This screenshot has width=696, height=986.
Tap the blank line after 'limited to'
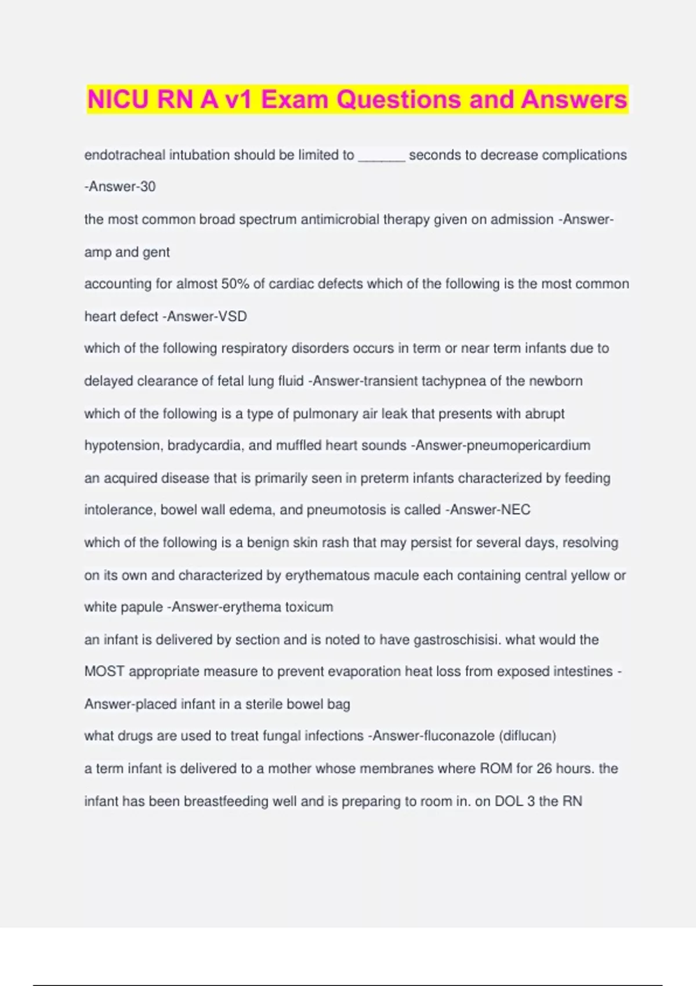382,155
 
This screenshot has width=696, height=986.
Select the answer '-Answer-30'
120,187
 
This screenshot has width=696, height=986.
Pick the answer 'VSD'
231,317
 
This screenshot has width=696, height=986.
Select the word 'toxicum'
309,607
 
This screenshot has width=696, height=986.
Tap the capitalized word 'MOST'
104,672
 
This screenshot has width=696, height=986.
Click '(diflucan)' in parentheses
527,736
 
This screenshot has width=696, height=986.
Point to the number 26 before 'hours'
544,768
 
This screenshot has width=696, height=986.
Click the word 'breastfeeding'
223,802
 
